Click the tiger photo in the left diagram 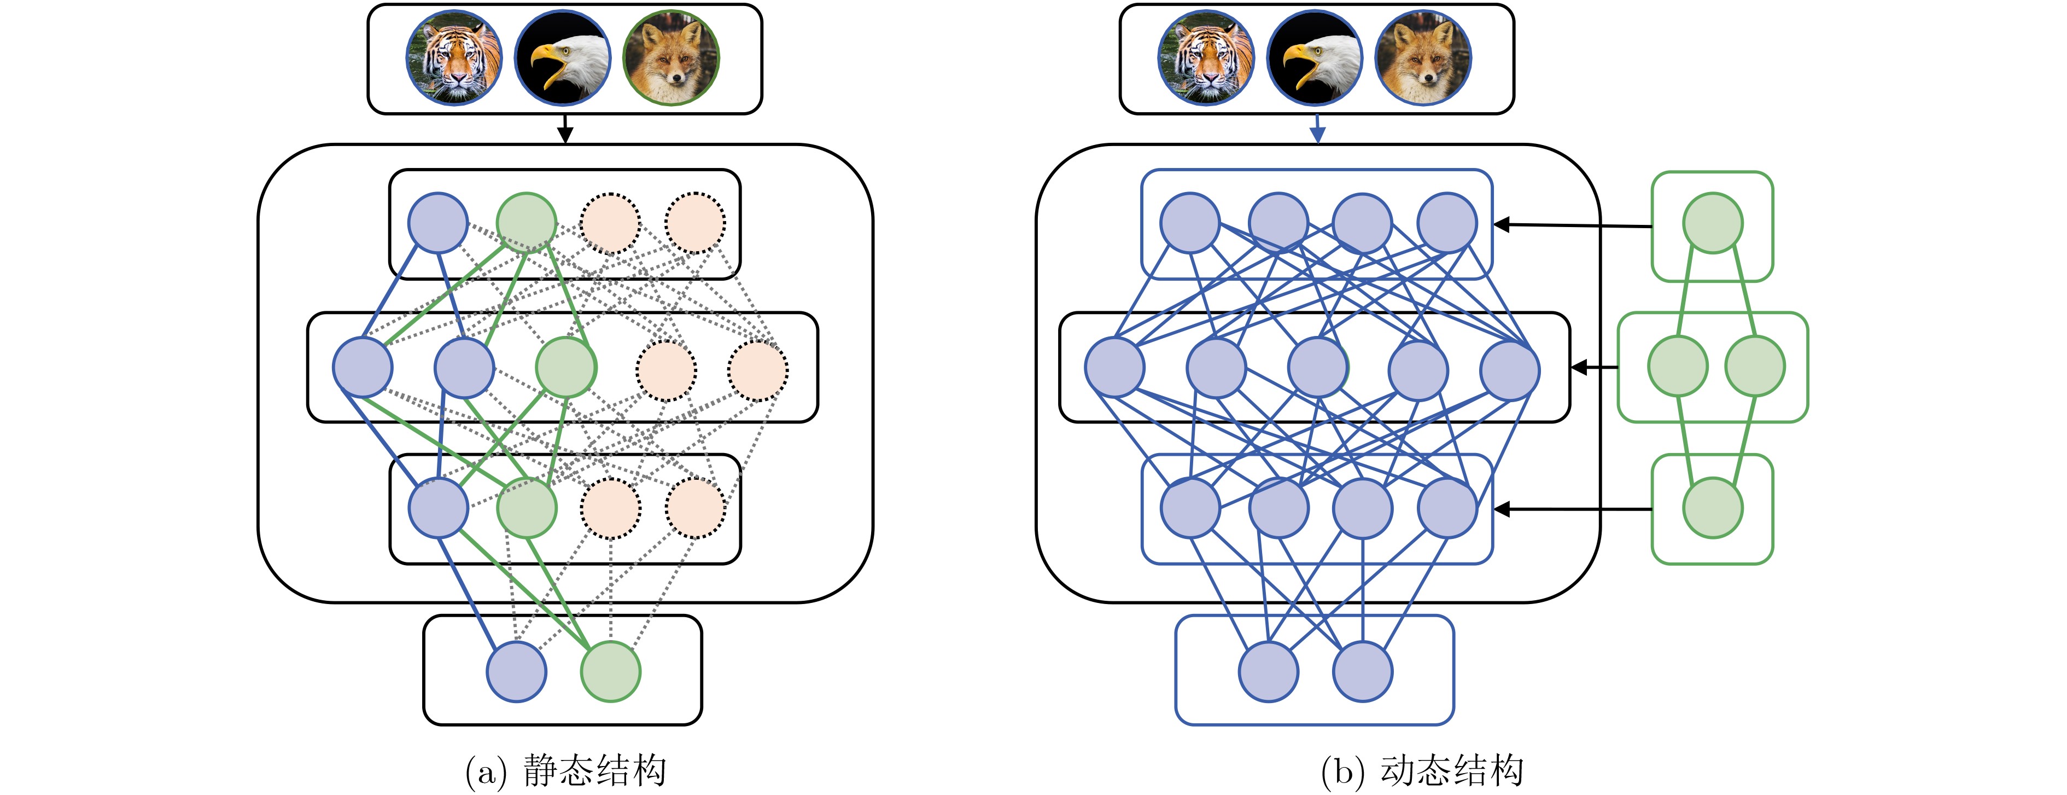point(455,58)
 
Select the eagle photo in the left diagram point(563,58)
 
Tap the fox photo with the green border point(671,58)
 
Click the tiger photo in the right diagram point(1206,58)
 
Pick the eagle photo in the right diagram point(1315,58)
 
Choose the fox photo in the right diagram point(1423,58)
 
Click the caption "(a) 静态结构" point(566,771)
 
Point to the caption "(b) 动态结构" point(1422,771)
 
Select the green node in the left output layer point(611,671)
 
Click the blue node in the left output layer point(517,671)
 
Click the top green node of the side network point(1712,223)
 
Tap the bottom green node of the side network point(1712,508)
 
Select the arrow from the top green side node point(1573,225)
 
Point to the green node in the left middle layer point(566,367)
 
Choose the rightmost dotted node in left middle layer point(757,370)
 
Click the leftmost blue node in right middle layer point(1114,367)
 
